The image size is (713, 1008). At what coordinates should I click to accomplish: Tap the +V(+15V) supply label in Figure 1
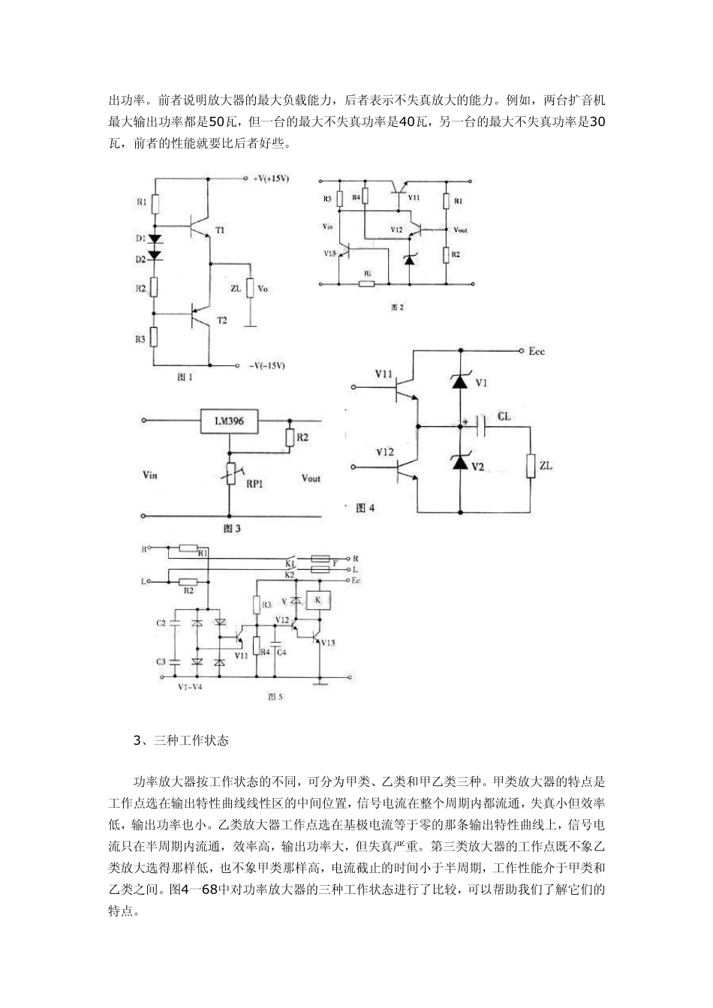[x=272, y=178]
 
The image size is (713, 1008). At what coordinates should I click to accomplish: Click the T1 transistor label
[x=220, y=230]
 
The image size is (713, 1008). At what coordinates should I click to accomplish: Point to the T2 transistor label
[x=221, y=320]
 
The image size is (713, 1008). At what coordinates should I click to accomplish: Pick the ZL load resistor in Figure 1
[x=251, y=288]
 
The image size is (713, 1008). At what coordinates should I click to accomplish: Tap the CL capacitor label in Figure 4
[x=505, y=415]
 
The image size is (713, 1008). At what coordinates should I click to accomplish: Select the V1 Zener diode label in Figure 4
[x=482, y=382]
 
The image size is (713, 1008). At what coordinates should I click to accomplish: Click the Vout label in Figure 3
[x=310, y=478]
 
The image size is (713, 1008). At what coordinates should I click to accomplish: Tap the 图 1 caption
[x=185, y=377]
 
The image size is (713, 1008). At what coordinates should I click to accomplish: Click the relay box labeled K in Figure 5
[x=318, y=600]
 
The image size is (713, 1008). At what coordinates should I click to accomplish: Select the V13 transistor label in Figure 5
[x=328, y=643]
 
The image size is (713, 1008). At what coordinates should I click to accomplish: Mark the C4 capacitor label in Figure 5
[x=281, y=652]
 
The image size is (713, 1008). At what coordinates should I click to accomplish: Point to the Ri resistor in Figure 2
[x=367, y=284]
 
